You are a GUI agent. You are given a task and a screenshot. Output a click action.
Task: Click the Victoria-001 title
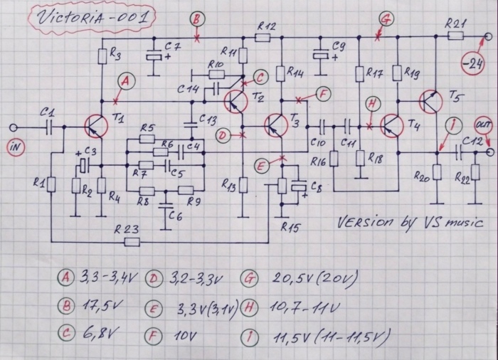(92, 18)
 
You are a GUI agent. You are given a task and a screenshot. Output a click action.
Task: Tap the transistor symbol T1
(96, 126)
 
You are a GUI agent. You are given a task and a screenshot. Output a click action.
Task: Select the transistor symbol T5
(430, 102)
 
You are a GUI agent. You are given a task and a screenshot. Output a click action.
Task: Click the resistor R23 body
(132, 242)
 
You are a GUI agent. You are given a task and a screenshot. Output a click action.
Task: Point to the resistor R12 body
(263, 38)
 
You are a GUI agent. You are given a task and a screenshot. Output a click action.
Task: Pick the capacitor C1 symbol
(50, 127)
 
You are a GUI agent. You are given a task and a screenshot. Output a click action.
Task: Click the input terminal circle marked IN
(13, 128)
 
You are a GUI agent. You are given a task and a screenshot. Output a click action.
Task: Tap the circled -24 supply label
(472, 65)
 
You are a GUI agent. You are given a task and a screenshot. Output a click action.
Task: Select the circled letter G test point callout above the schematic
(386, 19)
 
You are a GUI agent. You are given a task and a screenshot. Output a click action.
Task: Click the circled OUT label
(483, 125)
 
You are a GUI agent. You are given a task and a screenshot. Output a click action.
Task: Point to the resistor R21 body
(455, 36)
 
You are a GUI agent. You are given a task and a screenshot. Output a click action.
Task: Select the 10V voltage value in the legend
(185, 336)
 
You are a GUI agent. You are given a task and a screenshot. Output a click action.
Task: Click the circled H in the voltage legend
(249, 307)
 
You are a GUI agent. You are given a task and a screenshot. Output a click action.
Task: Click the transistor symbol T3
(275, 126)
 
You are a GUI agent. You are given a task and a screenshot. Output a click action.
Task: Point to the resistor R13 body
(243, 185)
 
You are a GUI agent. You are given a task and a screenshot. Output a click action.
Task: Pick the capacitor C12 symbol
(458, 153)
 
